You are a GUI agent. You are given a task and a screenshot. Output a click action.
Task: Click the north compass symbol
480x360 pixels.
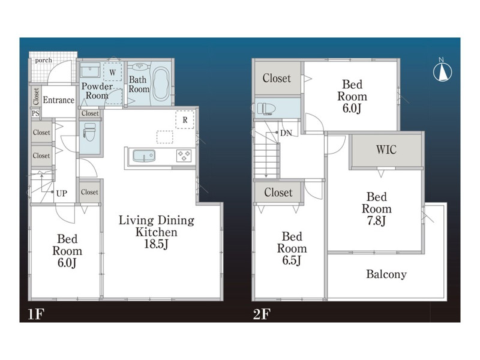click(x=442, y=71)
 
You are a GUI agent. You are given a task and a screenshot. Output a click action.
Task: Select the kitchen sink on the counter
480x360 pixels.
click(x=144, y=156)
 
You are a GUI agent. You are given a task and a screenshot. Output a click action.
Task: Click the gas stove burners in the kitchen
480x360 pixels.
click(x=184, y=155)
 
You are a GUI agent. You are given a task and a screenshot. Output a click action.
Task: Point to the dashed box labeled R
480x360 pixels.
click(x=185, y=119)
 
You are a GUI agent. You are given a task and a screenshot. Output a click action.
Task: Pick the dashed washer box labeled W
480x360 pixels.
click(x=113, y=73)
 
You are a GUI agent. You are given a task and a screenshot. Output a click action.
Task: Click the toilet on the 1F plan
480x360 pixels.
click(x=89, y=132)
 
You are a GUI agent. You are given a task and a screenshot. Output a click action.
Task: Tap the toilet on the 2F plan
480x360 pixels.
click(x=266, y=109)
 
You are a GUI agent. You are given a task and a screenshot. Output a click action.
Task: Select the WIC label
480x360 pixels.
click(x=386, y=149)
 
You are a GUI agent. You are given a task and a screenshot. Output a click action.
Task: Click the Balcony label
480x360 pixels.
click(x=386, y=274)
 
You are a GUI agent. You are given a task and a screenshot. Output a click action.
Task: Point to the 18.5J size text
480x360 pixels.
click(x=156, y=244)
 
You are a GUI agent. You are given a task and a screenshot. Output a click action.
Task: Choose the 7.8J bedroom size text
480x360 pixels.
click(x=377, y=221)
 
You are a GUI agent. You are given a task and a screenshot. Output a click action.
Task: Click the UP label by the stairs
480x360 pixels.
click(x=62, y=193)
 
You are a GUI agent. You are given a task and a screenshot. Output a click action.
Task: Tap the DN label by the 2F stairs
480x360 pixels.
click(x=286, y=133)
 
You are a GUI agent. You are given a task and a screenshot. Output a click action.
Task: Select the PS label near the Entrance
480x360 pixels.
click(x=35, y=113)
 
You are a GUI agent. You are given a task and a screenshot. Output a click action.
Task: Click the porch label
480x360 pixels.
click(x=43, y=61)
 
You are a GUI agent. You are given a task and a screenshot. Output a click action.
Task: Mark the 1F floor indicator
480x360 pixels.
click(x=36, y=314)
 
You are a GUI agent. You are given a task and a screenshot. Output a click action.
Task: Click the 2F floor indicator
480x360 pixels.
click(x=262, y=314)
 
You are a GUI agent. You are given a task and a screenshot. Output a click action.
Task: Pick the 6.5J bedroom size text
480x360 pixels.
click(x=292, y=260)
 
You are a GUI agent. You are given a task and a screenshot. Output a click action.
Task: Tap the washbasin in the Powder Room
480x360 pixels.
click(x=91, y=70)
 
